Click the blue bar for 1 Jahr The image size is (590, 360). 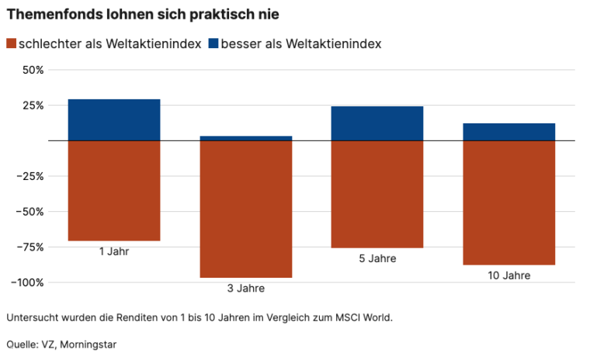[x=114, y=119]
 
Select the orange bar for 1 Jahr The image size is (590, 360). [x=114, y=191]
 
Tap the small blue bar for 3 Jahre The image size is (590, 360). [x=245, y=138]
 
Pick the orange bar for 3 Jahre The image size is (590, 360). [x=245, y=209]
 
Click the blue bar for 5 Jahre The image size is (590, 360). [x=377, y=123]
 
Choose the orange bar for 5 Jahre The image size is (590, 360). [x=377, y=194]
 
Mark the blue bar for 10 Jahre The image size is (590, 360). [x=508, y=132]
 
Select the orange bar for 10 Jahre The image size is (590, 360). [x=508, y=202]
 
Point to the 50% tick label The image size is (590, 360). [x=33, y=70]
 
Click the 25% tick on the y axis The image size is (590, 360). [x=33, y=106]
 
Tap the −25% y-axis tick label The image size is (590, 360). [x=30, y=176]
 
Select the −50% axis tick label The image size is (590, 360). [x=30, y=212]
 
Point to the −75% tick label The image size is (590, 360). [x=30, y=247]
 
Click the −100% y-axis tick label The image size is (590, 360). [x=27, y=282]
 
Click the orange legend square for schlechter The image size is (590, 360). [x=11, y=44]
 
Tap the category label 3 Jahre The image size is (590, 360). [x=245, y=289]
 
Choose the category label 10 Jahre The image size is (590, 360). [x=508, y=275]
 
